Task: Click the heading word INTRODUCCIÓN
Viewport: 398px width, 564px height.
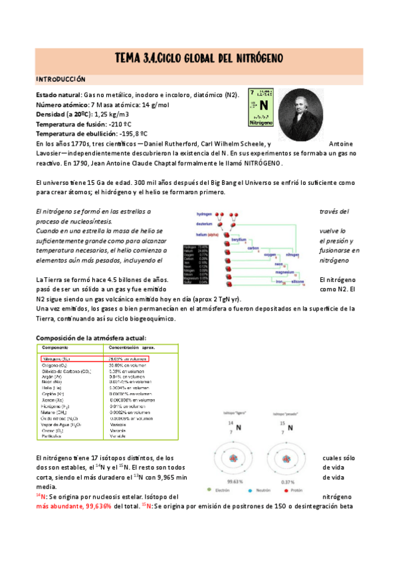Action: coord(60,78)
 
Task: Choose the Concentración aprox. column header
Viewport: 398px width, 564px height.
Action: coord(131,348)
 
